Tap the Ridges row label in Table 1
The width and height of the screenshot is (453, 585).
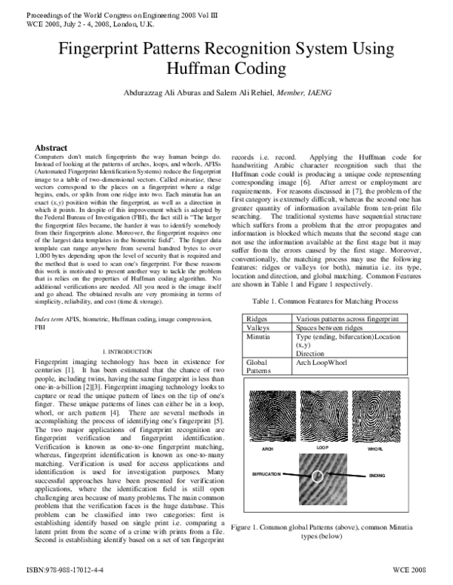258,320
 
